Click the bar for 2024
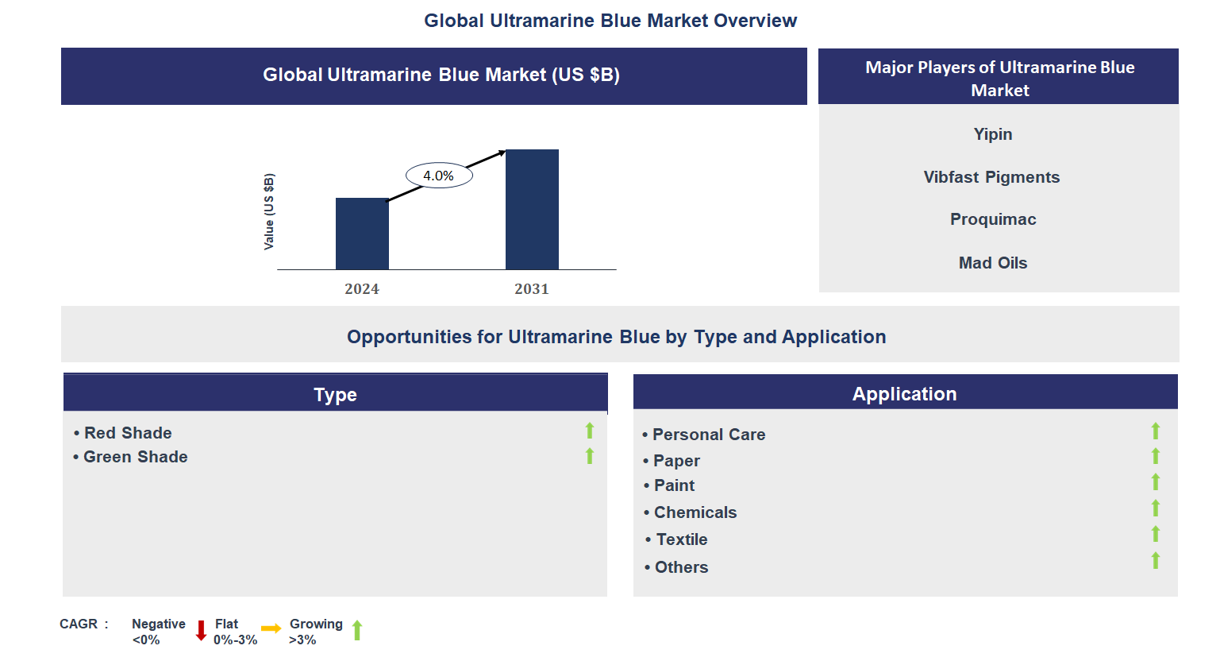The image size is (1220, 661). click(362, 234)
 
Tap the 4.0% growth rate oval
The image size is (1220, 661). click(439, 176)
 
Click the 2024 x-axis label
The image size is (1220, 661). click(362, 289)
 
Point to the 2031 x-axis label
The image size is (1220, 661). click(532, 289)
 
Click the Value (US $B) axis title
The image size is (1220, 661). click(269, 211)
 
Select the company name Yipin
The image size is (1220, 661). click(993, 134)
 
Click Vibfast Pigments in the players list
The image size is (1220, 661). click(991, 177)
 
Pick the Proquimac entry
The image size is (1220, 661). click(993, 219)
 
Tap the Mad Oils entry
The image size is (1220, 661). click(993, 263)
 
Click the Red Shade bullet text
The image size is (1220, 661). click(128, 433)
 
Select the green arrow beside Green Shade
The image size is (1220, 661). click(590, 456)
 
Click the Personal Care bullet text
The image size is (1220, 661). click(709, 435)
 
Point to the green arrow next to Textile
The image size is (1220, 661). click(1156, 534)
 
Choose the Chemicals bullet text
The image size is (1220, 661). click(695, 512)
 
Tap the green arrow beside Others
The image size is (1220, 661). click(1156, 561)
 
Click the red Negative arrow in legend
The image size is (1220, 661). click(201, 631)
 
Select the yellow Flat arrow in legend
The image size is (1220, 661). click(271, 628)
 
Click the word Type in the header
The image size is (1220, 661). click(335, 395)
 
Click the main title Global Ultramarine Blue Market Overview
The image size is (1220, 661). click(610, 21)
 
